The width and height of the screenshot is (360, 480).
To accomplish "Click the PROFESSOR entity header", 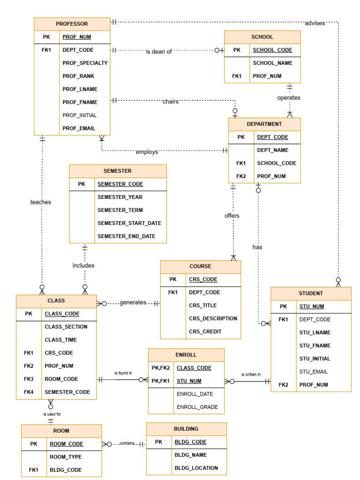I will (x=72, y=24).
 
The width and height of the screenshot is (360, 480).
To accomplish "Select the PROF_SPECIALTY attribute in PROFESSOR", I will (x=85, y=63).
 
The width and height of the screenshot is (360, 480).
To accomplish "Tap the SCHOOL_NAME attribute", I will (x=272, y=63).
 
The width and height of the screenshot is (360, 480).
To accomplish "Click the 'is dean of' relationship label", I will (x=158, y=52).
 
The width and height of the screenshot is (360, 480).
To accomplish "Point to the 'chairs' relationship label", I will (x=171, y=101).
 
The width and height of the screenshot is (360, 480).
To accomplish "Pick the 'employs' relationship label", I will (x=147, y=152).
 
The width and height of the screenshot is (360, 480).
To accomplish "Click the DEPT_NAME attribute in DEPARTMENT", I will (x=272, y=150).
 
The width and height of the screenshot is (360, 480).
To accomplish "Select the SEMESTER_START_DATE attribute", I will (x=129, y=223).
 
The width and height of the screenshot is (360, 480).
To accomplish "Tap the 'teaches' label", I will (x=41, y=202).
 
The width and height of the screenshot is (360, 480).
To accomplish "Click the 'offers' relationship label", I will (x=232, y=216).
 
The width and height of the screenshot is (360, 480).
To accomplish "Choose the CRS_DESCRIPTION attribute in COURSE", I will (x=213, y=318).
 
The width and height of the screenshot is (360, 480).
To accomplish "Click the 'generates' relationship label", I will (x=133, y=303).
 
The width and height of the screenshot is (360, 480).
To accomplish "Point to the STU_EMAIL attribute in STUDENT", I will (x=313, y=372).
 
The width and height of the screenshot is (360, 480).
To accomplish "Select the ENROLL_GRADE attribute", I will (x=197, y=407).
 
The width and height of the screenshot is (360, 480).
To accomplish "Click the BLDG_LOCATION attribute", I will (x=196, y=468).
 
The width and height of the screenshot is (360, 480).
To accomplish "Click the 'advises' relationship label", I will (x=315, y=23).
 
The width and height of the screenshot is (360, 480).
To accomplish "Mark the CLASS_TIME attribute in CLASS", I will (x=61, y=339).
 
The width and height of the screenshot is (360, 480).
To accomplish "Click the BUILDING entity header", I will (x=186, y=429).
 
